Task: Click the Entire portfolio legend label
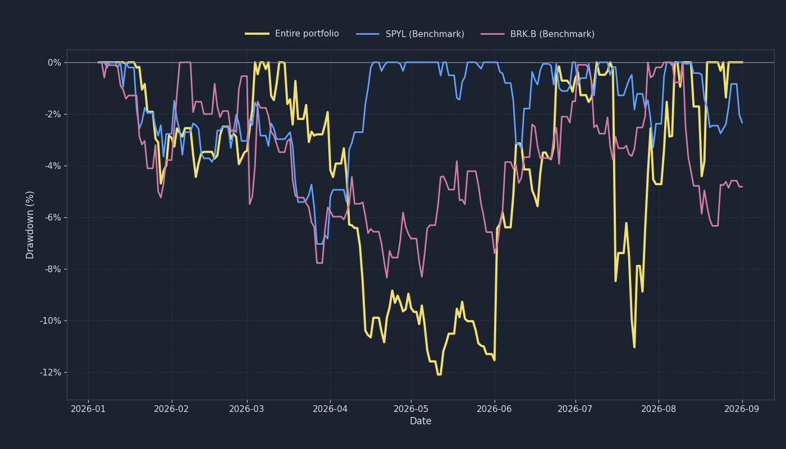click(x=307, y=34)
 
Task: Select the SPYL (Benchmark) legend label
click(x=424, y=34)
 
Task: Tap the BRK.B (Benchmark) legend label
click(x=552, y=34)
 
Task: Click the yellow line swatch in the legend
click(x=257, y=34)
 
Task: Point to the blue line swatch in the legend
click(x=368, y=34)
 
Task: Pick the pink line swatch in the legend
click(x=492, y=34)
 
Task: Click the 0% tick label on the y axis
click(x=54, y=63)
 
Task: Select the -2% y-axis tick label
click(x=53, y=114)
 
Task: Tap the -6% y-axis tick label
click(x=53, y=218)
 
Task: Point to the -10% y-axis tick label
click(x=51, y=321)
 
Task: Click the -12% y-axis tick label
click(x=51, y=373)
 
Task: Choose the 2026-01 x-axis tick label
click(x=88, y=409)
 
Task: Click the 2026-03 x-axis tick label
click(x=246, y=409)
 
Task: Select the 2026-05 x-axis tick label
click(x=411, y=409)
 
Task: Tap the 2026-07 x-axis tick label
click(x=575, y=409)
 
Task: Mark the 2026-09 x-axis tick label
click(x=742, y=409)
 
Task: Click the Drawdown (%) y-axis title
click(x=30, y=225)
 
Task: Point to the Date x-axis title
click(x=421, y=421)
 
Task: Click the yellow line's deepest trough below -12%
click(x=439, y=375)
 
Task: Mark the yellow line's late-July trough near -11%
click(x=634, y=347)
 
